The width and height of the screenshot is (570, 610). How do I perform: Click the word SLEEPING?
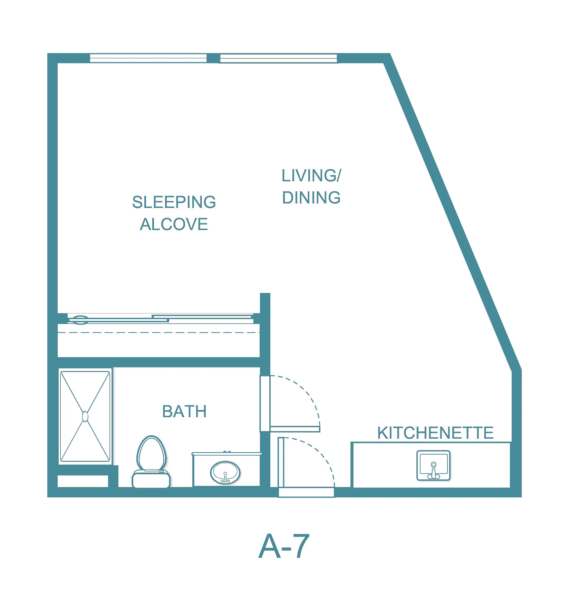174,202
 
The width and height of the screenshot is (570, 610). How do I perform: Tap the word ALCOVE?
174,224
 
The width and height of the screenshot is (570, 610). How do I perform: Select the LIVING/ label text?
311,175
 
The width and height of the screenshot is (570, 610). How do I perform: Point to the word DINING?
311,198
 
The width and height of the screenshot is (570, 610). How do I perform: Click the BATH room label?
184,411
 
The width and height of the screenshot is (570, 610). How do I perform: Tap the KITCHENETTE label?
435,433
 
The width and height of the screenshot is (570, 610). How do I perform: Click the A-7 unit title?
284,546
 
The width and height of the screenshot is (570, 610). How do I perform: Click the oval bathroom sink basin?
225,473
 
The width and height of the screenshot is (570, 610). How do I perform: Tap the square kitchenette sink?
434,465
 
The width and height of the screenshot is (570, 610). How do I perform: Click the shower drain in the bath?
85,417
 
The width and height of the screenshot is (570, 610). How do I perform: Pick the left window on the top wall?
148,58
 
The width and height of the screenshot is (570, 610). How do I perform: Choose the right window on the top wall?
279,58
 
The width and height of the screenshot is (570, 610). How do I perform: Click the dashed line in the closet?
158,333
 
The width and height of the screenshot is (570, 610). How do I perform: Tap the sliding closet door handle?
80,320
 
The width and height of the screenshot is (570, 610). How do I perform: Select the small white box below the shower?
83,481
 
